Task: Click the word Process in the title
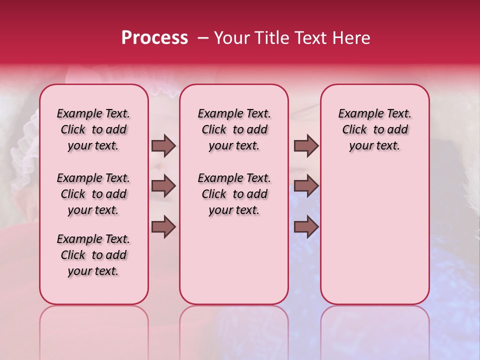[154, 38]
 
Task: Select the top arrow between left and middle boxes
[163, 145]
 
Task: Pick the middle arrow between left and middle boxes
[163, 186]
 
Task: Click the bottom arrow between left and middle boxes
[163, 226]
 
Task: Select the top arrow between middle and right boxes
[306, 145]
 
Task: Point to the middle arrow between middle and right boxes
[306, 186]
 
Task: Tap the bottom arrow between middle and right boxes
[306, 226]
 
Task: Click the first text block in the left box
[93, 129]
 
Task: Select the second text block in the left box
[93, 194]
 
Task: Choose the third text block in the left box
[93, 255]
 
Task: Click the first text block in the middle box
[234, 129]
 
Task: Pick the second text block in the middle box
[234, 194]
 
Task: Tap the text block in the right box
[375, 129]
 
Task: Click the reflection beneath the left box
[94, 330]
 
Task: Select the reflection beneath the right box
[375, 330]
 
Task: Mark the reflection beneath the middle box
[234, 330]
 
